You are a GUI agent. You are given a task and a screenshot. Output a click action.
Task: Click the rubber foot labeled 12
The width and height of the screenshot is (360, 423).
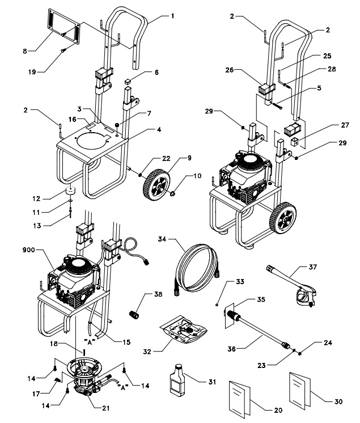click(x=70, y=191)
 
